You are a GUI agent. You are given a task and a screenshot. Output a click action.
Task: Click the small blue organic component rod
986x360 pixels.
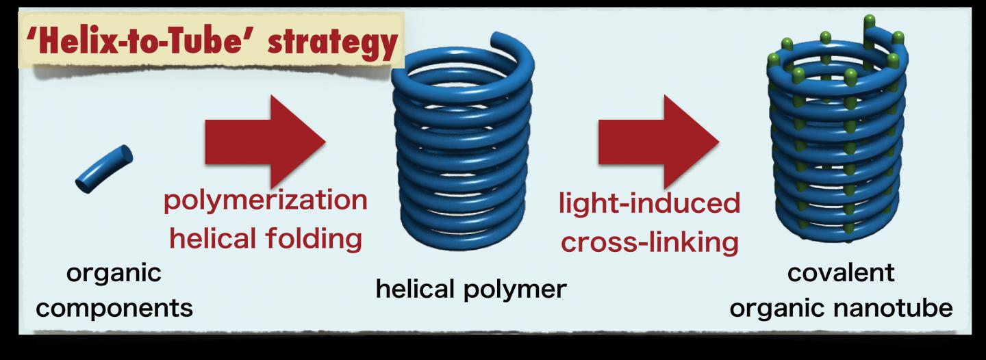103,168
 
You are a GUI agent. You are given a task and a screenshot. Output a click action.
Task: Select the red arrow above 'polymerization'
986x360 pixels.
264,141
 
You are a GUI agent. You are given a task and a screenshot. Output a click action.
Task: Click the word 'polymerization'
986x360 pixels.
265,201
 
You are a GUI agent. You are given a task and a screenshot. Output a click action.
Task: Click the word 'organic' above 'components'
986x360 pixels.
114,273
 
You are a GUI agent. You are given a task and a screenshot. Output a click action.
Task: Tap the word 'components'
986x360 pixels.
114,308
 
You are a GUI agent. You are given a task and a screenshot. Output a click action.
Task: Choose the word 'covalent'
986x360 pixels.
841,272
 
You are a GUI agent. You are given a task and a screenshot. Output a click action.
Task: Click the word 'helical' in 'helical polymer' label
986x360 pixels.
416,289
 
